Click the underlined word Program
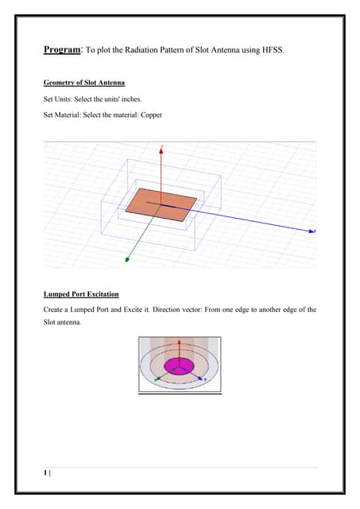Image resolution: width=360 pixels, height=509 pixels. tap(62, 49)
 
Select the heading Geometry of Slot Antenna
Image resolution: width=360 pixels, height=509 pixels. tap(84, 83)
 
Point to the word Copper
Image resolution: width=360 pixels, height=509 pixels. tap(151, 115)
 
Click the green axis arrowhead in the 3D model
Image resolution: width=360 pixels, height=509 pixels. tap(127, 259)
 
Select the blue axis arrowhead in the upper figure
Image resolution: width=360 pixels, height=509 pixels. tap(312, 231)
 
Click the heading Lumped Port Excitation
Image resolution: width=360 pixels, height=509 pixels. tap(81, 294)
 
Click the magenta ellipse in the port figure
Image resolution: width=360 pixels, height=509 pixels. tap(179, 366)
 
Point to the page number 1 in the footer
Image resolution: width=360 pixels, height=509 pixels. tap(45, 472)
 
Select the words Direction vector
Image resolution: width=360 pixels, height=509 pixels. tap(177, 309)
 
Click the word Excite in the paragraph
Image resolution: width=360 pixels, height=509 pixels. tap(133, 309)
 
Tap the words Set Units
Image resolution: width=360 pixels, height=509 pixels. tap(57, 99)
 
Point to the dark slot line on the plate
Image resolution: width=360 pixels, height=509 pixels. tap(161, 204)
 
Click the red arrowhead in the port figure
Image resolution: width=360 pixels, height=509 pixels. tap(179, 342)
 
